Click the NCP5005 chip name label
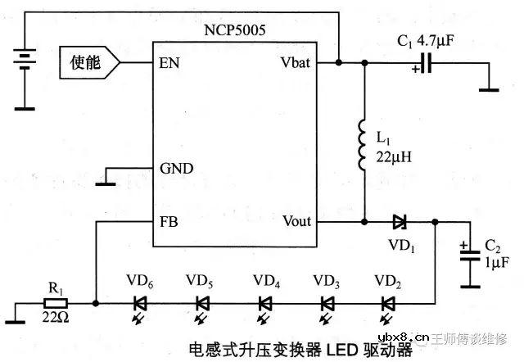[236, 29]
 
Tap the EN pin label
[170, 61]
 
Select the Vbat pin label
[296, 61]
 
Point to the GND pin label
[177, 170]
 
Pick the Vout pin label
[296, 222]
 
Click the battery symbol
[25, 61]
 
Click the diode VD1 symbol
[400, 222]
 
